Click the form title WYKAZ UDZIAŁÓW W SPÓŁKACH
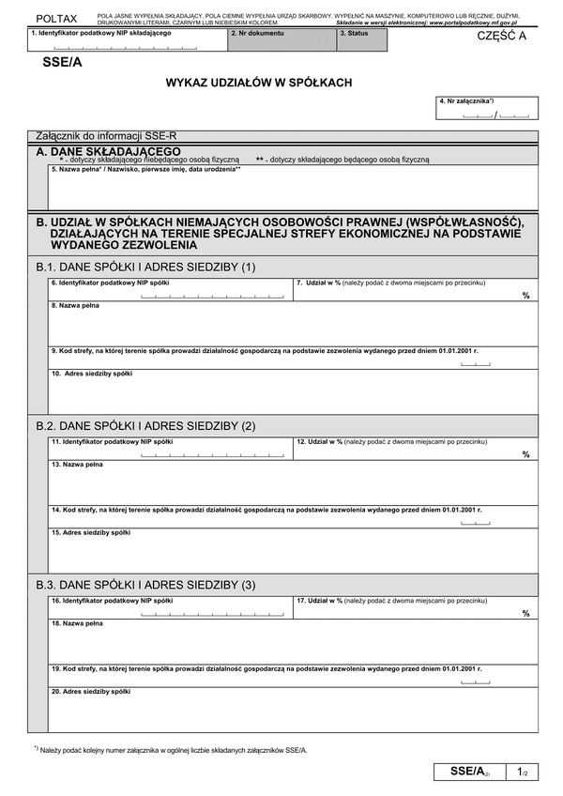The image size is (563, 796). [x=259, y=83]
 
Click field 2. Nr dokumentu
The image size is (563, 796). [x=281, y=39]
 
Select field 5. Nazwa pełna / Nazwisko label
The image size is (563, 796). [x=146, y=169]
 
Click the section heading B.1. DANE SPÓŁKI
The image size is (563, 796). [x=145, y=267]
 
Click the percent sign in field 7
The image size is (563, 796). [x=526, y=295]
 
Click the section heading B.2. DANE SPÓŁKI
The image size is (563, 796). [x=145, y=425]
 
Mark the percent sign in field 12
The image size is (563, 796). [x=526, y=453]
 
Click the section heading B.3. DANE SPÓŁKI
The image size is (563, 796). [x=145, y=585]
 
